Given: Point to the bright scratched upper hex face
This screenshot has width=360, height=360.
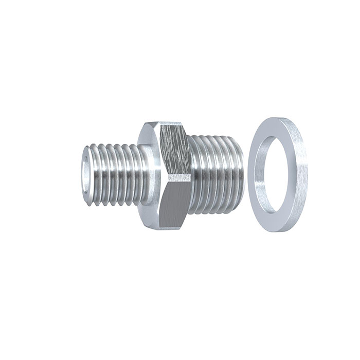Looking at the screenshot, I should (175, 149).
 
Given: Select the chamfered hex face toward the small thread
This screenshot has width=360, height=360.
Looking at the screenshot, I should (149, 175).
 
